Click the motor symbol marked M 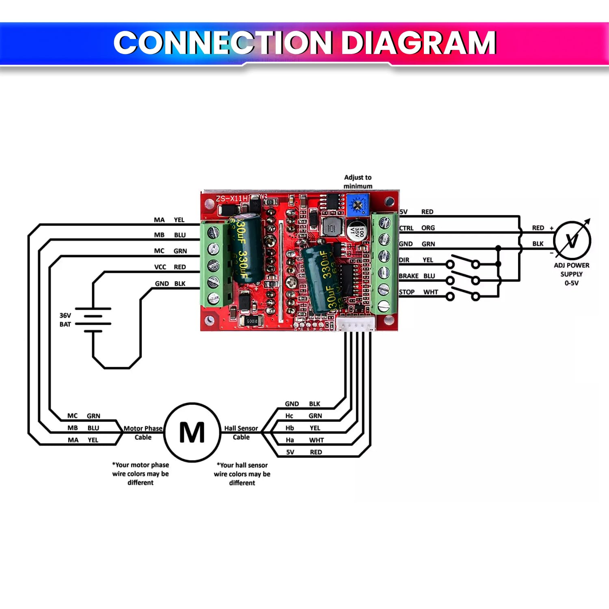[x=192, y=432]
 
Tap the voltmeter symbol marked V [x=572, y=241]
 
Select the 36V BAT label [x=65, y=320]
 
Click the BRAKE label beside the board [x=408, y=276]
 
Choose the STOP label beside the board [x=407, y=292]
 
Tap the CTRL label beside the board [x=406, y=228]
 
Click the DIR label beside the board [x=404, y=260]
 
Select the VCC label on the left [x=160, y=267]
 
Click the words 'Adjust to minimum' [x=358, y=181]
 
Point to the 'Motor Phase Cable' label [x=143, y=433]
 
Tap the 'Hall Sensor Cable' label [x=241, y=433]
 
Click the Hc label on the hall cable [x=289, y=416]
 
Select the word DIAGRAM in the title [x=418, y=43]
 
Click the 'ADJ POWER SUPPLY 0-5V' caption [x=572, y=274]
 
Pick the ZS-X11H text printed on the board [x=231, y=199]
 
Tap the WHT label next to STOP [x=431, y=292]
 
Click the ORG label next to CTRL [x=428, y=228]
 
